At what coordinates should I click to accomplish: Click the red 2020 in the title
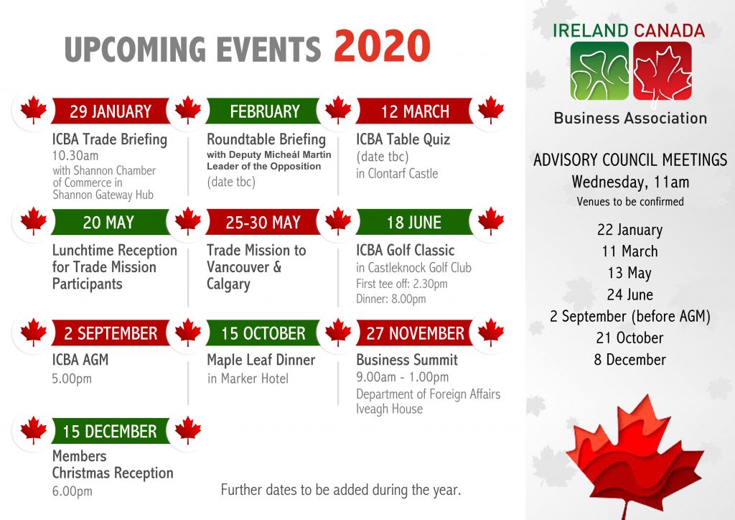pyautogui.click(x=382, y=46)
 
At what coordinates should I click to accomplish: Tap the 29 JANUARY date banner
pyautogui.click(x=111, y=111)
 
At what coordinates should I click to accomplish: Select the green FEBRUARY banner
pyautogui.click(x=264, y=111)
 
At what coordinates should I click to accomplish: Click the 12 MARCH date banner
pyautogui.click(x=415, y=111)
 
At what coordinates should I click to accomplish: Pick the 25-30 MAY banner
pyautogui.click(x=263, y=222)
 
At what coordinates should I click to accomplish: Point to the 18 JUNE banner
pyautogui.click(x=414, y=222)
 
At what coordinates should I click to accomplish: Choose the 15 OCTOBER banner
pyautogui.click(x=263, y=333)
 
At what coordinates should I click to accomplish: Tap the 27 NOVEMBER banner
pyautogui.click(x=415, y=333)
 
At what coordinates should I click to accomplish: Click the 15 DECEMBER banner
pyautogui.click(x=110, y=431)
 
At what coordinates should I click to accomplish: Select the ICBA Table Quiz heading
pyautogui.click(x=403, y=139)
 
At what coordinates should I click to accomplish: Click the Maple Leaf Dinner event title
pyautogui.click(x=261, y=360)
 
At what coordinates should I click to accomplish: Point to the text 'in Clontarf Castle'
pyautogui.click(x=397, y=174)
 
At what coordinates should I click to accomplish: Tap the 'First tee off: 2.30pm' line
pyautogui.click(x=402, y=284)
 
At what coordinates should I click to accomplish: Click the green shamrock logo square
pyautogui.click(x=599, y=71)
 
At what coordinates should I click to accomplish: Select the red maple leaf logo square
pyautogui.click(x=663, y=71)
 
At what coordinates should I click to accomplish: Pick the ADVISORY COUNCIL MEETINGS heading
pyautogui.click(x=630, y=160)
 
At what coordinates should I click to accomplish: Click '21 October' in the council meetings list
pyautogui.click(x=630, y=338)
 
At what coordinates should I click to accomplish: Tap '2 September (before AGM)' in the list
pyautogui.click(x=630, y=316)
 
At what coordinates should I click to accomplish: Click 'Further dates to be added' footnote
pyautogui.click(x=341, y=490)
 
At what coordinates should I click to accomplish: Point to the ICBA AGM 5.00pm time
pyautogui.click(x=72, y=379)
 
